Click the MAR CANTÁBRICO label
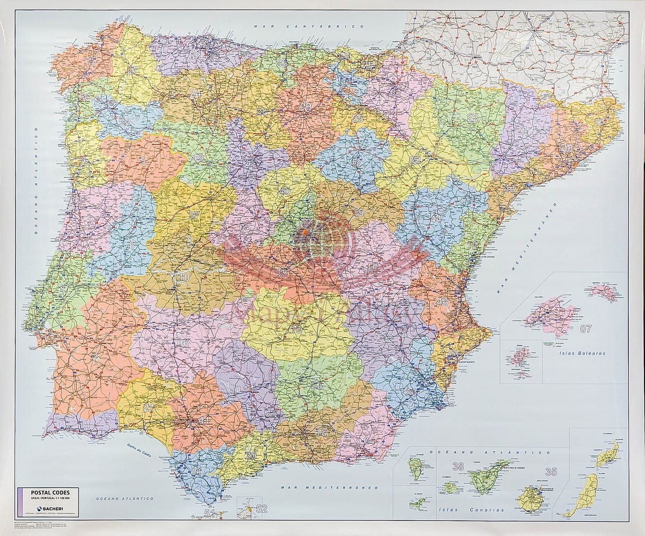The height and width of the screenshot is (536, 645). [x=309, y=26]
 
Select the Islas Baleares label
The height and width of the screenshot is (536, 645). [x=582, y=354]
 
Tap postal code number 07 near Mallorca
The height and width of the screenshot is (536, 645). [x=586, y=329]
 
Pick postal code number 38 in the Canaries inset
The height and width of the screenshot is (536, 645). [x=458, y=467]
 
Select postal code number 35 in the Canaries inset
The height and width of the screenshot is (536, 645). [x=550, y=471]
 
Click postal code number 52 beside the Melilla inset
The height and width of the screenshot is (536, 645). [x=262, y=508]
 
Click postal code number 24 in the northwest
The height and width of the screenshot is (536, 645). [x=195, y=92]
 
